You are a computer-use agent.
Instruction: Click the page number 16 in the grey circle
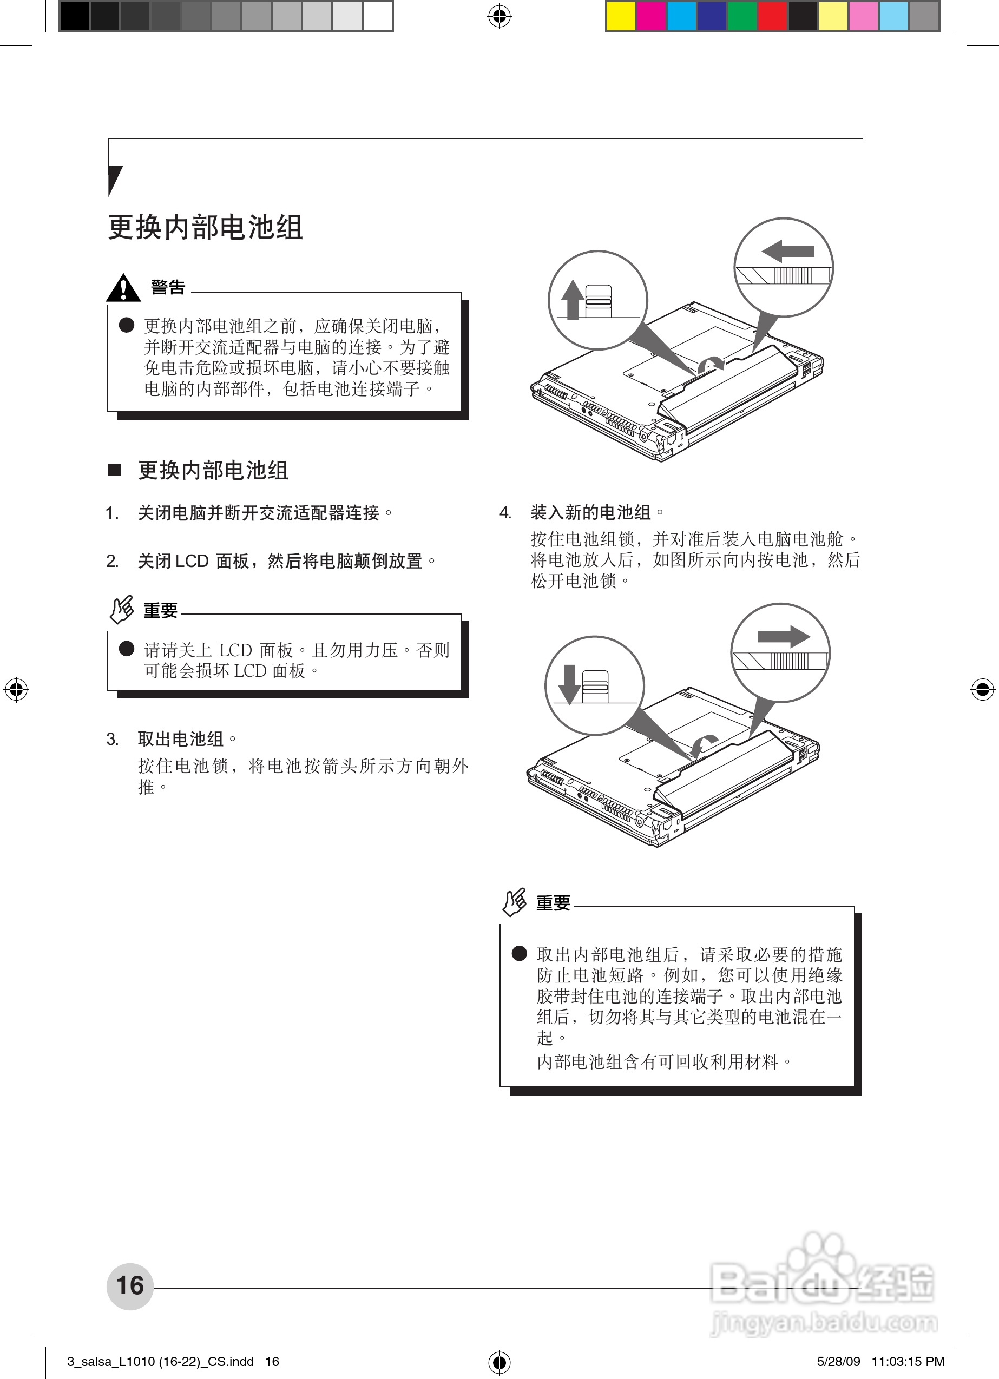coord(129,1285)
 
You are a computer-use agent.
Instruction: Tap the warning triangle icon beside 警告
coord(123,288)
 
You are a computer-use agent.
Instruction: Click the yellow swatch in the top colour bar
coord(621,16)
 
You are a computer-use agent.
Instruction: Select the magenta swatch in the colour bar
coord(651,16)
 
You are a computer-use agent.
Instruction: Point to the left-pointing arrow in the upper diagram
coord(787,250)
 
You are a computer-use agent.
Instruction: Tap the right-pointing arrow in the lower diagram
coord(784,637)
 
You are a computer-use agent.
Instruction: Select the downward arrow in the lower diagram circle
coord(569,684)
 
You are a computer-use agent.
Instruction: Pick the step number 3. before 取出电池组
coord(113,740)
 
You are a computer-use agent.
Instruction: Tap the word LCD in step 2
coord(192,560)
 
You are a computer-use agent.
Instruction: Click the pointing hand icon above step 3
coord(121,610)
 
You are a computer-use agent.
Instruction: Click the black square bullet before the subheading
coord(114,470)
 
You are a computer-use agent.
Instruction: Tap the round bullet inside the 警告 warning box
coord(126,325)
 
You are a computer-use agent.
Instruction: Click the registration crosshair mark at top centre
coord(500,17)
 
